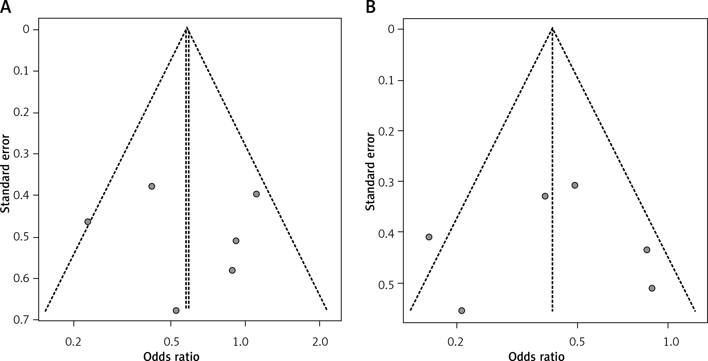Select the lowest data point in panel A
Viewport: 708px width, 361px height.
176,310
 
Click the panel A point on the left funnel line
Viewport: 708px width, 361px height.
88,222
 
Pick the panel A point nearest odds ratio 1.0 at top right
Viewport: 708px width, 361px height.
256,194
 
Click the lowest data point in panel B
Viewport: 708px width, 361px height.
462,311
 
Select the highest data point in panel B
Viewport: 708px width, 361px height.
575,185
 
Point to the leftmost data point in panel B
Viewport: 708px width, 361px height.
429,237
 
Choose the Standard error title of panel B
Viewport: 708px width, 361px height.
370,172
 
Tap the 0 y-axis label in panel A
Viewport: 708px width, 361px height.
26,29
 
